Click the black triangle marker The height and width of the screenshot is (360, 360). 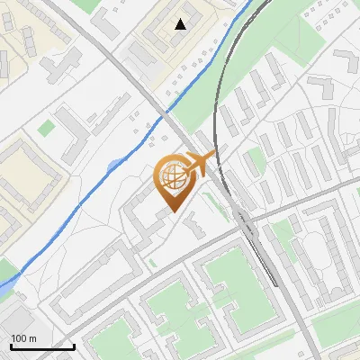click(181, 24)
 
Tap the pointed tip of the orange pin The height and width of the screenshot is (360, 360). click(173, 212)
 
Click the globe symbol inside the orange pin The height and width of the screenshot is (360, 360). click(173, 179)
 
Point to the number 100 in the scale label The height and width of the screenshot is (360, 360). click(19, 338)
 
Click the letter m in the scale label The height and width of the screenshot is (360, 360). click(32, 338)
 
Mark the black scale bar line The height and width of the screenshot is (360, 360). click(41, 346)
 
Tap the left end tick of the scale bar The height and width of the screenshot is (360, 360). click(11, 345)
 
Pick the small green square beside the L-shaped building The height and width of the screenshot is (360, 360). click(46, 129)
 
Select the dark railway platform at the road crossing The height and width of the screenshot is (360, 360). click(245, 221)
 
